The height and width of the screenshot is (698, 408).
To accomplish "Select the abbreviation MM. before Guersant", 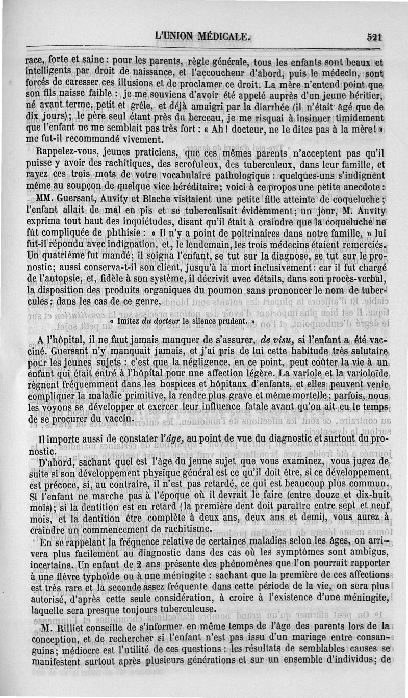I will click(43, 199).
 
